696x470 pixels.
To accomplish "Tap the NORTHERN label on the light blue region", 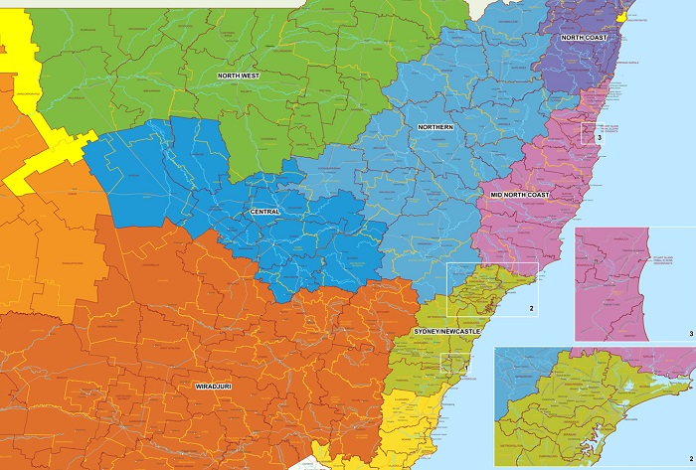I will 435,127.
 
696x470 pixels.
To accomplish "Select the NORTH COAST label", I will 584,38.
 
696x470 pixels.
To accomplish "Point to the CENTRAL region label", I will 266,213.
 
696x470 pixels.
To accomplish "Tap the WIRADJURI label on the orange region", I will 205,384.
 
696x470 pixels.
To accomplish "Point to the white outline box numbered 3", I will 590,132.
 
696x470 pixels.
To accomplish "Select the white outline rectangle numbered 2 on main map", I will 492,290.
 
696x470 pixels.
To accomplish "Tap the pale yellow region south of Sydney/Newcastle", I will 408,417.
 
